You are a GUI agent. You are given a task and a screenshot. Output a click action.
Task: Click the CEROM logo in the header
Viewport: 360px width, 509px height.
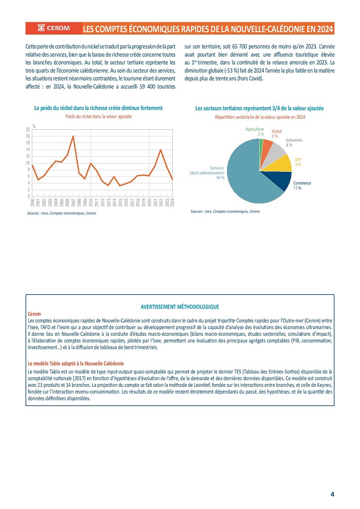click(54, 29)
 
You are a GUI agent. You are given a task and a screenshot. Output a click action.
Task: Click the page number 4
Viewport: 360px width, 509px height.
click(332, 494)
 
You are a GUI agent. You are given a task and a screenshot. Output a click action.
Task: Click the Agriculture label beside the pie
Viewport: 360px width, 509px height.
click(254, 129)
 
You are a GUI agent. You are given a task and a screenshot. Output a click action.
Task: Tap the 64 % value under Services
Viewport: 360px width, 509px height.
click(220, 178)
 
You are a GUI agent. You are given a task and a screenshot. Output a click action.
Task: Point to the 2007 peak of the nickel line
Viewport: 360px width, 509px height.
click(73, 136)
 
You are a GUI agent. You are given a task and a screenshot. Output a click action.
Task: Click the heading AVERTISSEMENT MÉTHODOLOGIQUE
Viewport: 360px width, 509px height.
click(180, 307)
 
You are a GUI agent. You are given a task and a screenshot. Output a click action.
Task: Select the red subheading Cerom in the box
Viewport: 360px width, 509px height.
click(35, 314)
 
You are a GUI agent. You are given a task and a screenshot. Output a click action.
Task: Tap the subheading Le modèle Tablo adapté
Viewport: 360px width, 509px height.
click(76, 364)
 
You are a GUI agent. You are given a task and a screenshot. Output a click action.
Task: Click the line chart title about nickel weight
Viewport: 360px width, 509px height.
click(98, 108)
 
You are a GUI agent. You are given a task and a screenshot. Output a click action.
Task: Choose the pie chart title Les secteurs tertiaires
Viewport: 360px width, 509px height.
click(259, 108)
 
